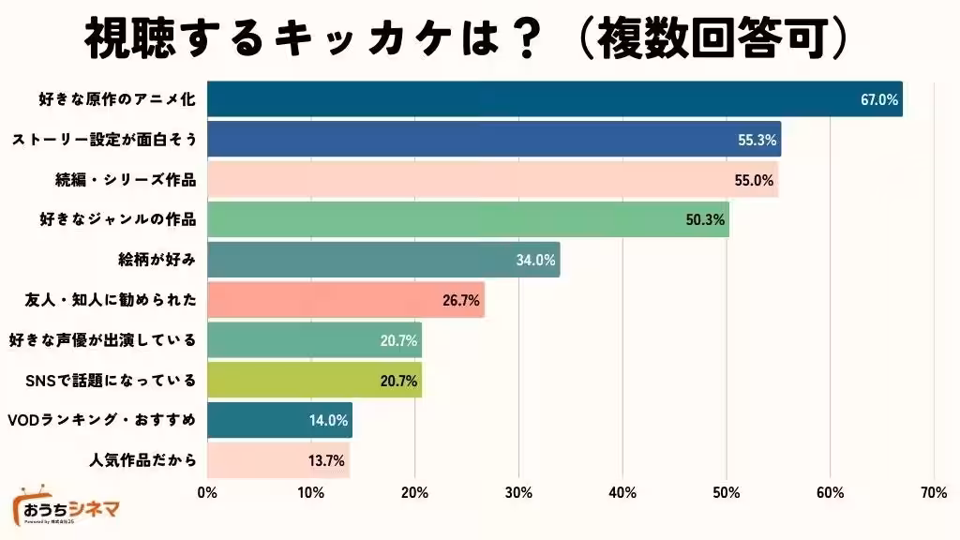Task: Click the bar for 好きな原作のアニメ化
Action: click(553, 99)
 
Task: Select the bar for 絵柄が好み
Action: click(382, 260)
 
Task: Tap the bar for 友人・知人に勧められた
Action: click(345, 300)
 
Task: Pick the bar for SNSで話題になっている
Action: click(314, 380)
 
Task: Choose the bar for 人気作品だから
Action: click(277, 460)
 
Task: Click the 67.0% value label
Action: click(879, 99)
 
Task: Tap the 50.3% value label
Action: click(706, 219)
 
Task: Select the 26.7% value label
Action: click(461, 300)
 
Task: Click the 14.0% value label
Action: click(328, 420)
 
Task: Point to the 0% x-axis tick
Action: click(207, 492)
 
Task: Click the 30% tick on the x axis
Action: click(518, 492)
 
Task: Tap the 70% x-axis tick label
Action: click(933, 492)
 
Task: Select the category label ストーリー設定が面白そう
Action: click(104, 140)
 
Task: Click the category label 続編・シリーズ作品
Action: click(126, 180)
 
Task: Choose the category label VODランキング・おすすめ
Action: click(101, 420)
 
